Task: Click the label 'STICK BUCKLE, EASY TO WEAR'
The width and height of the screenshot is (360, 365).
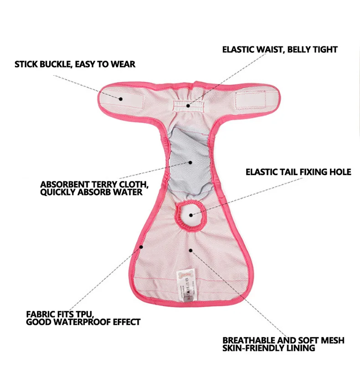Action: click(75, 64)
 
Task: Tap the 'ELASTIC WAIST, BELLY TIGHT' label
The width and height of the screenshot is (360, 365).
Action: click(280, 49)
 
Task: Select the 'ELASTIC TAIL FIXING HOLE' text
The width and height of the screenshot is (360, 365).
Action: click(298, 172)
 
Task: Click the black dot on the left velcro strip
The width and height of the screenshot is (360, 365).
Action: click(122, 98)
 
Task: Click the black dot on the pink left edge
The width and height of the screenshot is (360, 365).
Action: click(142, 247)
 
